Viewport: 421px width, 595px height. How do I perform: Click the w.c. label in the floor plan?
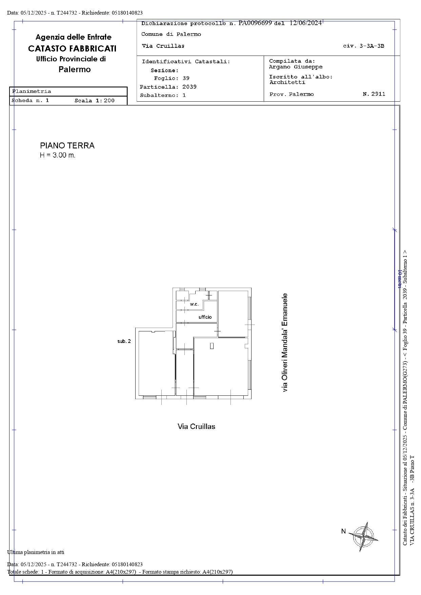(x=194, y=304)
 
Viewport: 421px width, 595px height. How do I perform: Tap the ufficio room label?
(x=205, y=317)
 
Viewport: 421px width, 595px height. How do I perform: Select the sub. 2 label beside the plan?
(x=124, y=341)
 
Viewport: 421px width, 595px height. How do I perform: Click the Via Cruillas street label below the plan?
(x=196, y=427)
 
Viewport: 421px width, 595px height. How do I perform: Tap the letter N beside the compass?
(x=343, y=531)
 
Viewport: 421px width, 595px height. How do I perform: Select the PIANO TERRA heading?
(x=67, y=146)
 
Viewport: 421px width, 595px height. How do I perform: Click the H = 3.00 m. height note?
(x=58, y=156)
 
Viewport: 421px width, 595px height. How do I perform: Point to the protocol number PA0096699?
(x=255, y=23)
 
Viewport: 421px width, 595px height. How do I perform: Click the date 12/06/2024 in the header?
(x=305, y=23)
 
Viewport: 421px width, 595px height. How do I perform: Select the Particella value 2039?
(x=189, y=87)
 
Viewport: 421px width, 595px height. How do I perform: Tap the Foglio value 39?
(x=186, y=78)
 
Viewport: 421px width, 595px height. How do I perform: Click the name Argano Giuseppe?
(x=296, y=67)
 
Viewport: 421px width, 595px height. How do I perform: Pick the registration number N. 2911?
(x=374, y=94)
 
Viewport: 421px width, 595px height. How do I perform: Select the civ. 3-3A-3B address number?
(x=363, y=46)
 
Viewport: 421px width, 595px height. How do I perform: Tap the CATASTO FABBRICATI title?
(x=72, y=48)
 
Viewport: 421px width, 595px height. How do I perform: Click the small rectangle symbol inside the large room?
(x=212, y=346)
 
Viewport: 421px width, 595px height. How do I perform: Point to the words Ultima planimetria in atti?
(x=36, y=552)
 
